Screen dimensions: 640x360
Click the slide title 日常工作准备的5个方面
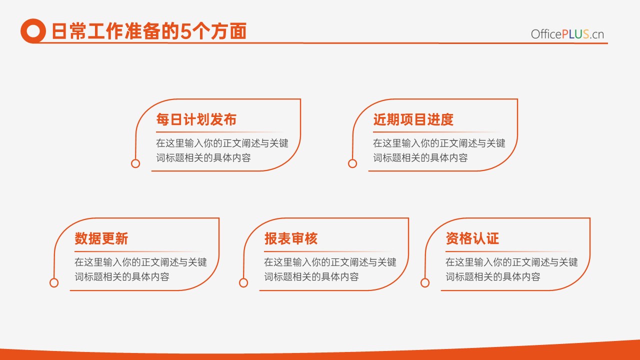pyautogui.click(x=149, y=31)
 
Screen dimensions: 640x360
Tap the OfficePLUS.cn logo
pyautogui.click(x=567, y=34)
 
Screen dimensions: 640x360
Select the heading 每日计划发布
pyautogui.click(x=196, y=119)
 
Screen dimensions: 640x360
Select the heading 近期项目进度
pyautogui.click(x=413, y=119)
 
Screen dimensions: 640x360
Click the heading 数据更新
pyautogui.click(x=101, y=238)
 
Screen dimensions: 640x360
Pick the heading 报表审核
pyautogui.click(x=291, y=238)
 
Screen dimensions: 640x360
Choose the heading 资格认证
pyautogui.click(x=472, y=238)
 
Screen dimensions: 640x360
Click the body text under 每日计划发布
pyautogui.click(x=222, y=150)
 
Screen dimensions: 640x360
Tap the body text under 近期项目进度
pyautogui.click(x=439, y=150)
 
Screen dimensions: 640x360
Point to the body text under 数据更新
pyautogui.click(x=140, y=269)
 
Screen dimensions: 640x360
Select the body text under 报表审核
pyautogui.click(x=330, y=269)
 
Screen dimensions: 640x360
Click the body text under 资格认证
pyautogui.click(x=511, y=269)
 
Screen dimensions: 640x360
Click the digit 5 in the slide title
pyautogui.click(x=185, y=31)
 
